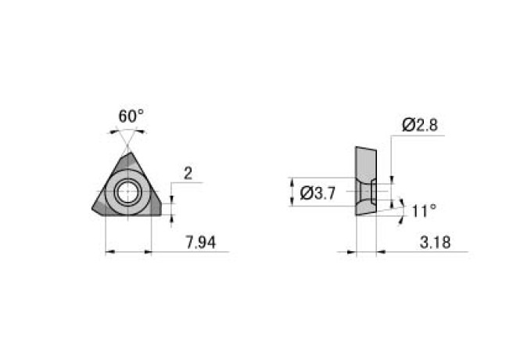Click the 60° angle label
click(131, 116)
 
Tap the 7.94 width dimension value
click(200, 243)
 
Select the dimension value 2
click(188, 174)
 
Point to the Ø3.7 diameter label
click(318, 193)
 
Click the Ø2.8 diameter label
click(420, 125)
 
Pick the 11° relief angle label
click(424, 211)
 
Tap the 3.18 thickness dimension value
click(435, 243)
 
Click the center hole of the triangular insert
click(128, 193)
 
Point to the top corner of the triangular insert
click(131, 153)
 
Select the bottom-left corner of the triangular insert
click(93, 209)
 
